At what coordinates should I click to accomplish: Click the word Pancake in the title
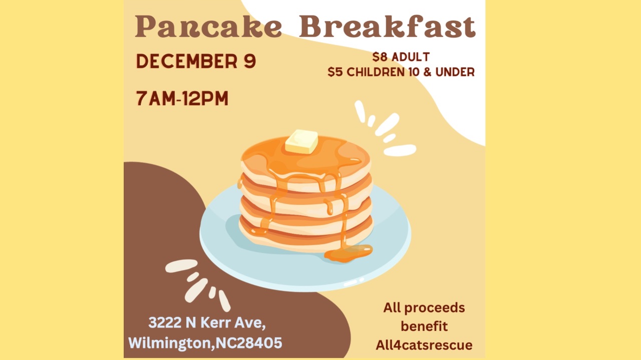(209, 27)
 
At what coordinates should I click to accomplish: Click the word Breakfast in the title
(387, 27)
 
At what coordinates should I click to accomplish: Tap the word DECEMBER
(187, 61)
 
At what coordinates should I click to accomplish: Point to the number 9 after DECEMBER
(250, 61)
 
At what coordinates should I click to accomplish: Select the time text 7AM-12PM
(182, 99)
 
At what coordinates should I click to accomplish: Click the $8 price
(380, 57)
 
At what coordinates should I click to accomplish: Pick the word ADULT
(411, 57)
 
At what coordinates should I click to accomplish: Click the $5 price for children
(335, 72)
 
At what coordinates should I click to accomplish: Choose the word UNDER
(455, 72)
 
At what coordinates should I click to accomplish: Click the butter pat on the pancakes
(301, 142)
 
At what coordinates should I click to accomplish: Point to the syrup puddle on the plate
(348, 253)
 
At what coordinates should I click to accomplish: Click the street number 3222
(165, 322)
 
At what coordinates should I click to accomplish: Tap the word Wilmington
(169, 343)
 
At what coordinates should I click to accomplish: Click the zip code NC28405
(249, 343)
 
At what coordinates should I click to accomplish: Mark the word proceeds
(434, 308)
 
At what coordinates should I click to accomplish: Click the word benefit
(424, 326)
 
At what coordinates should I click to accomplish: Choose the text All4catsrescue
(424, 345)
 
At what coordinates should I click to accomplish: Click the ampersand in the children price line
(427, 72)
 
